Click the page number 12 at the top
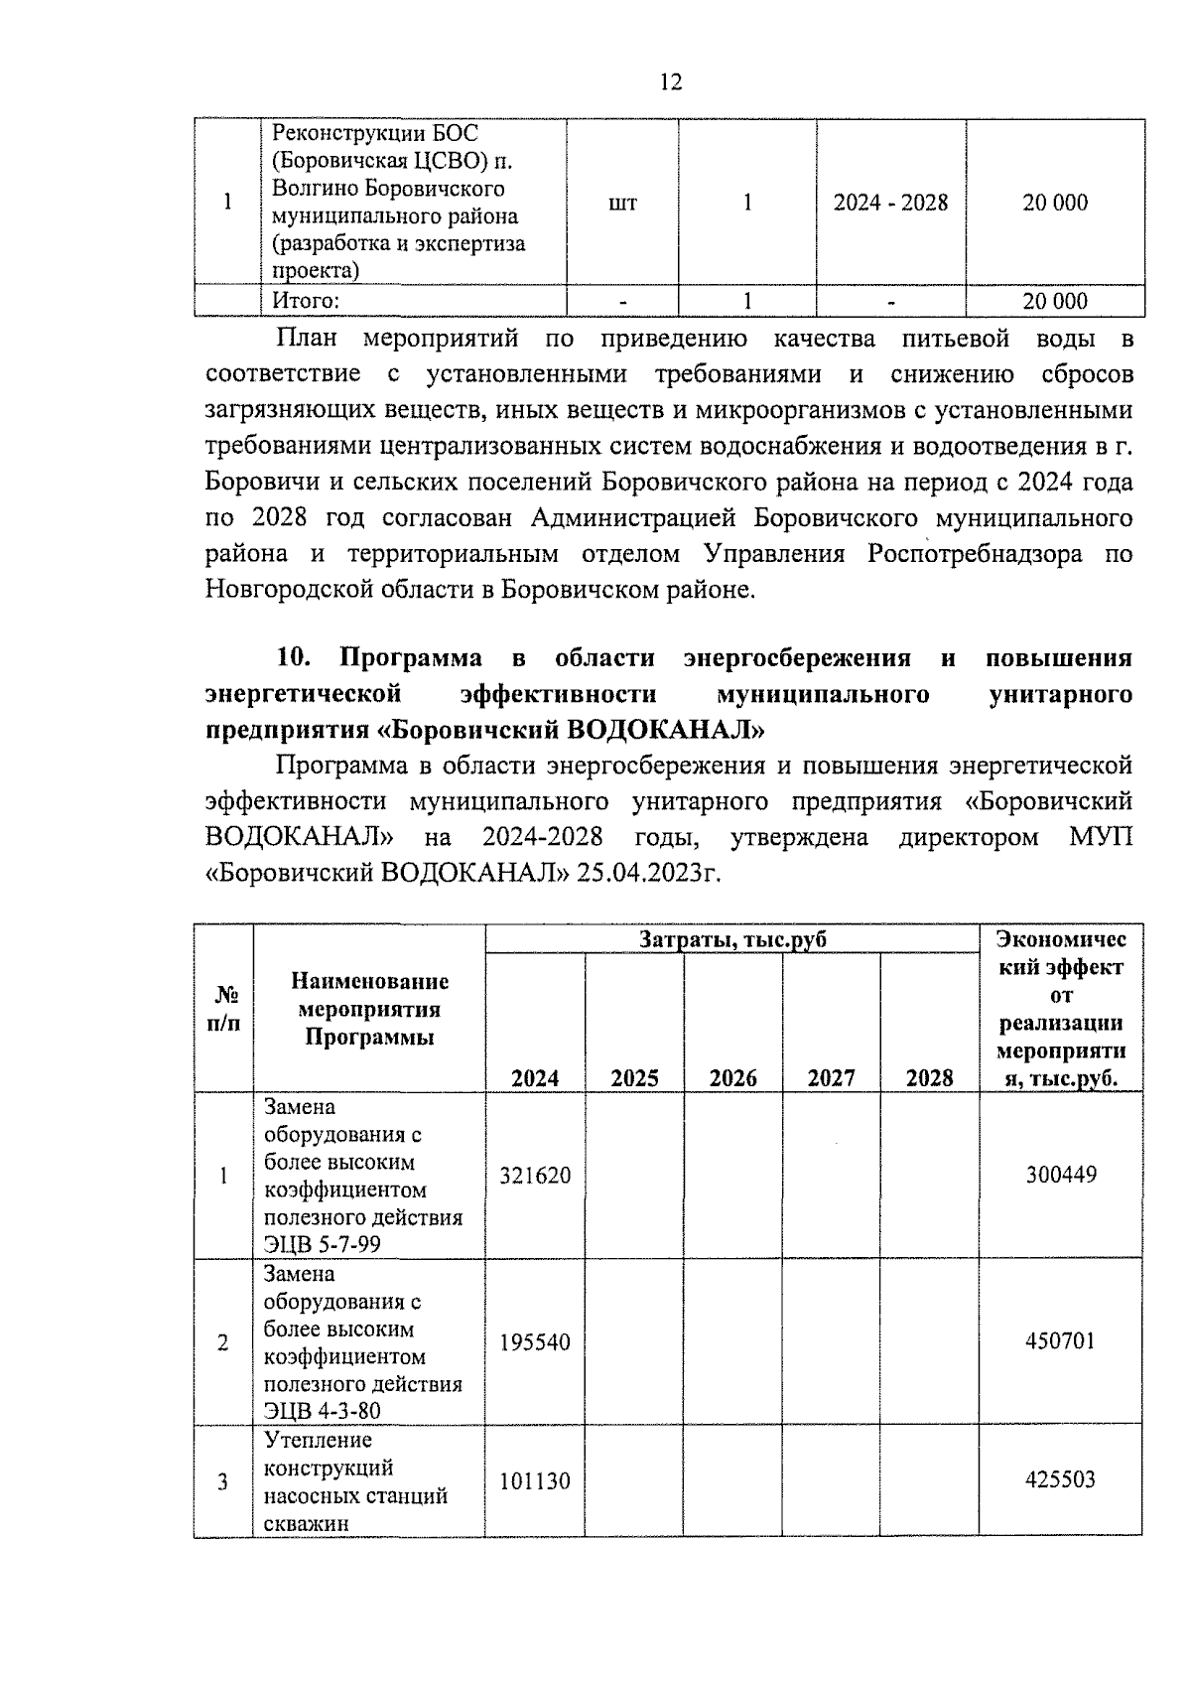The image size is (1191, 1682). [x=670, y=81]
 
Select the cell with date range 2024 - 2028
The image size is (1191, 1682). [x=890, y=203]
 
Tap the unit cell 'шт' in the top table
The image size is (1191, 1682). [x=622, y=204]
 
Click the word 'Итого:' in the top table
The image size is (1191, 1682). [x=306, y=301]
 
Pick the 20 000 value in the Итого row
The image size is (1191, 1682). [x=1055, y=302]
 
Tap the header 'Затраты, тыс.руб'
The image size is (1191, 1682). [x=732, y=939]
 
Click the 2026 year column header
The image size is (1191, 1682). [x=732, y=1078]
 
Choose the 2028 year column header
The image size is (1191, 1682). [x=929, y=1078]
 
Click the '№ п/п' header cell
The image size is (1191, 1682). [x=223, y=1009]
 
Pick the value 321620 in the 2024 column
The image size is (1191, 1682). [x=535, y=1176]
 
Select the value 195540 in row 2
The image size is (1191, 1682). [x=535, y=1342]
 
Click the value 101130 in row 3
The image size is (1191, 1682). [x=535, y=1481]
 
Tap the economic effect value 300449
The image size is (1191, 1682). [x=1060, y=1176]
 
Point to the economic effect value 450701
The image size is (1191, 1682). [x=1060, y=1341]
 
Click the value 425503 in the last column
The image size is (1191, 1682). [x=1060, y=1480]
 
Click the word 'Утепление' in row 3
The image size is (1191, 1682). [x=317, y=1440]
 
